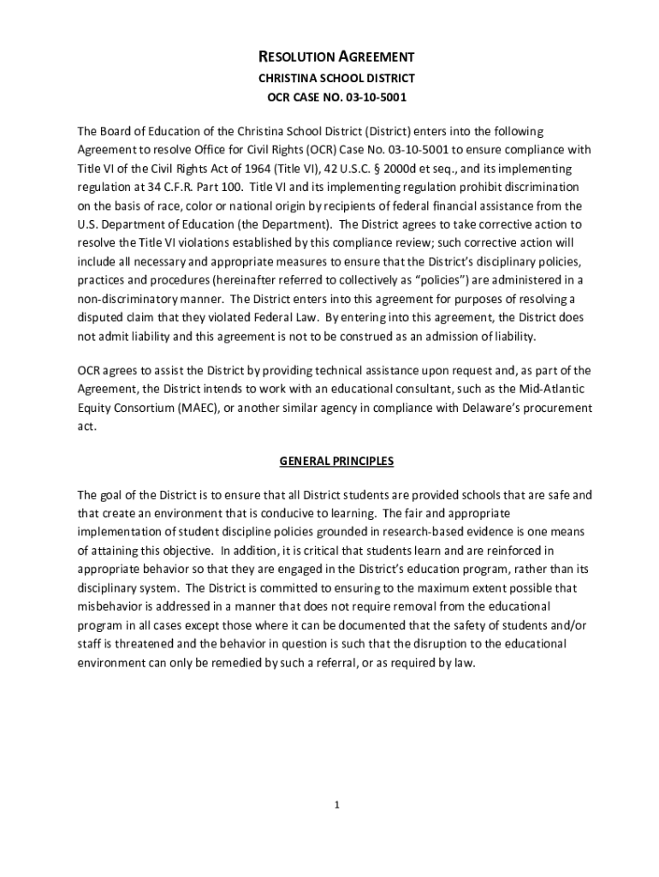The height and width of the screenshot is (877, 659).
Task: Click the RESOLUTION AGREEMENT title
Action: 336,57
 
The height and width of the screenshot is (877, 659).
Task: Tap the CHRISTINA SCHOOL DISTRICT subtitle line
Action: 336,78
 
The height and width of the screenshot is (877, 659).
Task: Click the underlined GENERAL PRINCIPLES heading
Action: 336,462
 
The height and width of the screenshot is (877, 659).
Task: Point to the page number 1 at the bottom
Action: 337,804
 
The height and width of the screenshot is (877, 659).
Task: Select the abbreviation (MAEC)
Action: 203,408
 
